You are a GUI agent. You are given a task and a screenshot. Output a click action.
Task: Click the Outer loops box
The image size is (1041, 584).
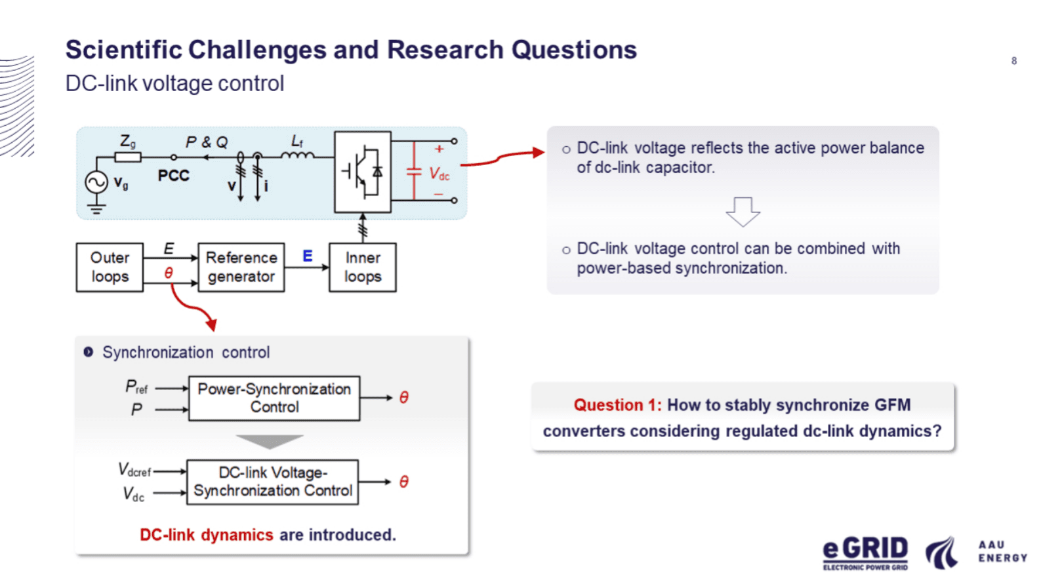click(x=110, y=267)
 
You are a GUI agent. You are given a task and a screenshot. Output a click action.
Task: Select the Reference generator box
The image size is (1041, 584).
click(x=241, y=267)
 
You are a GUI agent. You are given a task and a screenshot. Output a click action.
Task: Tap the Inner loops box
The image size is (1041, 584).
click(x=363, y=267)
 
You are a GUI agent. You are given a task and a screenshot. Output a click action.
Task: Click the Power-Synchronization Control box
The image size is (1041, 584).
click(x=274, y=399)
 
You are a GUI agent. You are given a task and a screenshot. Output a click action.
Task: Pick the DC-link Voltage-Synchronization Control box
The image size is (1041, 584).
click(x=273, y=482)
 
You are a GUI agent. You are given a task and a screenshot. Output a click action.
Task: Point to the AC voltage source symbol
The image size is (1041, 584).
click(x=96, y=182)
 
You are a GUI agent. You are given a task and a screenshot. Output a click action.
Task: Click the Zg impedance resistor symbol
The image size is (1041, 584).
click(x=128, y=158)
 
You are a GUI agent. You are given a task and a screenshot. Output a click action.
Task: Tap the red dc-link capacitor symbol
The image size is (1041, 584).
click(x=414, y=171)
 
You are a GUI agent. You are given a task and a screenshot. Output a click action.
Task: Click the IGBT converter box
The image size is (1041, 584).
click(x=363, y=172)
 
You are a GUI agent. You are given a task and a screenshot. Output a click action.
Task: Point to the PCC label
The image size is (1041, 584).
click(x=173, y=176)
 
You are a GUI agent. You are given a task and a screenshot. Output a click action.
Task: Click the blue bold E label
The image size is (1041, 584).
click(x=307, y=256)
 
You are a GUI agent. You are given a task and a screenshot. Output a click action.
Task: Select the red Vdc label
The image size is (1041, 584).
click(x=439, y=174)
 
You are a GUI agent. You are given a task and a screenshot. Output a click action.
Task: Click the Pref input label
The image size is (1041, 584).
click(x=136, y=387)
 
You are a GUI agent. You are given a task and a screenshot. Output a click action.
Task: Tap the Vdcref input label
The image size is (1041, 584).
click(x=134, y=470)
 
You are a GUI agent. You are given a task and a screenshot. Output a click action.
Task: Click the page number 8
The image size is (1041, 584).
click(x=1014, y=61)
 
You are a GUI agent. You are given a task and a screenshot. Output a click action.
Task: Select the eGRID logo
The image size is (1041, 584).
click(x=865, y=553)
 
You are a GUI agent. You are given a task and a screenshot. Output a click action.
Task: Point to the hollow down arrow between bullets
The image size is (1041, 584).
click(x=743, y=212)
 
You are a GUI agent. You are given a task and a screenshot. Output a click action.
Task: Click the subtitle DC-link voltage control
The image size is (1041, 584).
click(x=174, y=83)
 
